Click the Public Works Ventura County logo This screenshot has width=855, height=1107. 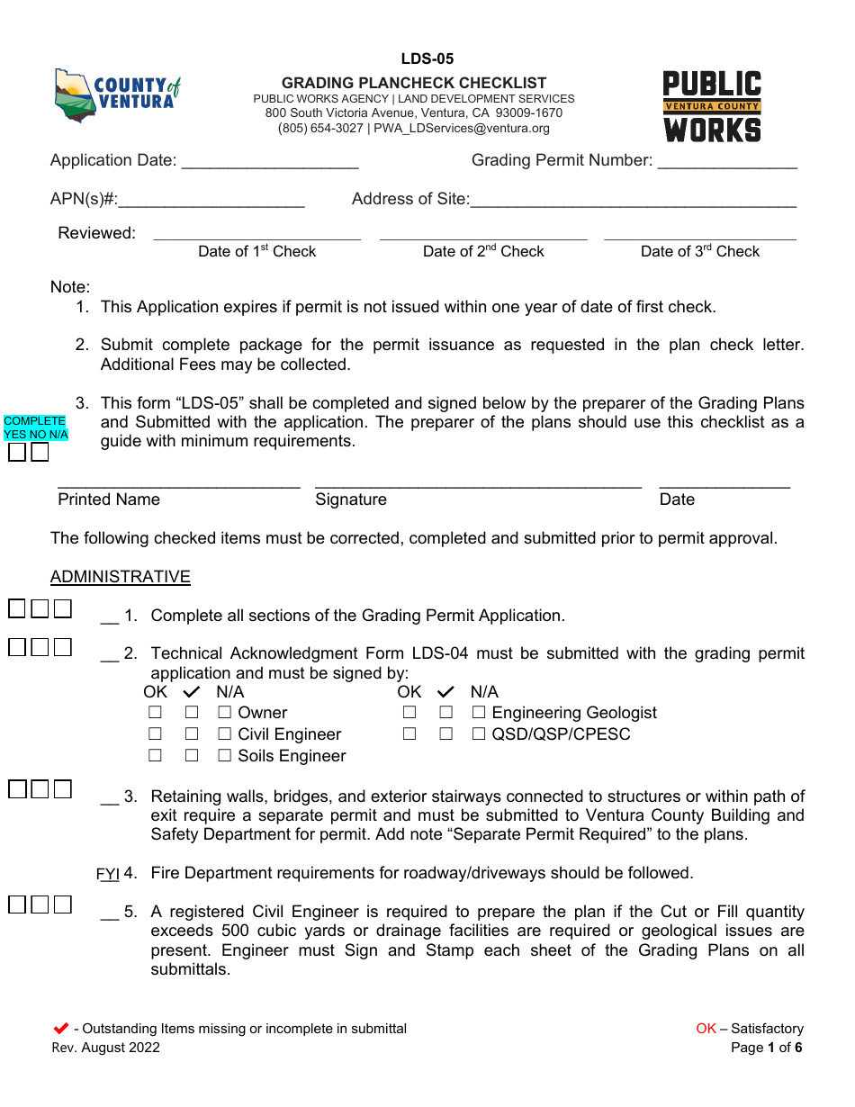(x=712, y=106)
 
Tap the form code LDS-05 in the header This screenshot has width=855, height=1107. (x=427, y=59)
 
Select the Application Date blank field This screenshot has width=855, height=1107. (x=270, y=162)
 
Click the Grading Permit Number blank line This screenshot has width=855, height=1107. (x=727, y=162)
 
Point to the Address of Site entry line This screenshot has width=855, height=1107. (x=634, y=201)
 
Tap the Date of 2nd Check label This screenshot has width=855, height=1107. (x=483, y=252)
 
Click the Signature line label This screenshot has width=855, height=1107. (x=351, y=500)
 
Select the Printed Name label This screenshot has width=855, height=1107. (x=109, y=500)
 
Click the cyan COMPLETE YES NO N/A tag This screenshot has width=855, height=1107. (x=35, y=427)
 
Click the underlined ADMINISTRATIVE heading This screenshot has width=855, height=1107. (x=121, y=577)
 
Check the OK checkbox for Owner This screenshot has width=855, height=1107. (x=156, y=713)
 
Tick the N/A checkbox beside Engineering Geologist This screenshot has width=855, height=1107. (x=479, y=713)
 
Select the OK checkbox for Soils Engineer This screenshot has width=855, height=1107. (x=156, y=756)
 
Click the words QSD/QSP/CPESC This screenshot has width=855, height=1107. (x=561, y=734)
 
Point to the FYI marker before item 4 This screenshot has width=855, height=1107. (x=108, y=874)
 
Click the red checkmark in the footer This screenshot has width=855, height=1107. (x=61, y=1029)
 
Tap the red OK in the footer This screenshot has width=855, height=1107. (x=706, y=1029)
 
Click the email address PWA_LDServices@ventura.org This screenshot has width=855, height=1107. (x=461, y=129)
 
